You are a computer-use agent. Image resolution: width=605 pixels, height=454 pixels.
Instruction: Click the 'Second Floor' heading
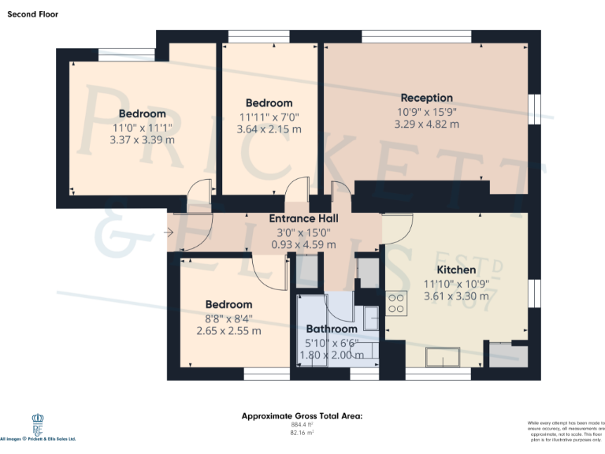pos(32,14)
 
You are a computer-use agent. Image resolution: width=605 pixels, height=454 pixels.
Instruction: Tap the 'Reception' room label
pos(426,98)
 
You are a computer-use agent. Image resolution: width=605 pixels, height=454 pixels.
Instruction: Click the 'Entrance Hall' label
pos(303,218)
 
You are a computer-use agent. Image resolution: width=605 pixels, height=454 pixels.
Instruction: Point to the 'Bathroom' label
pos(332,329)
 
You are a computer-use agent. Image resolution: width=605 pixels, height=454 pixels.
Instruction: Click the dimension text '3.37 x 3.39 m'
pos(143,140)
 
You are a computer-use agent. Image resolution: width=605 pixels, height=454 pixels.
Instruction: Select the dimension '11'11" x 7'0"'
pos(269,117)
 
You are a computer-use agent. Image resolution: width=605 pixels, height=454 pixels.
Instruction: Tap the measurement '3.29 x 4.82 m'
pos(426,124)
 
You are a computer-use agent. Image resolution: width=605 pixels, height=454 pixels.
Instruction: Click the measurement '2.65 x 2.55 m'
pos(228,331)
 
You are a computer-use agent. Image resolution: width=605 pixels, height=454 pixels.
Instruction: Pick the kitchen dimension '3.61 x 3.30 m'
pos(456,296)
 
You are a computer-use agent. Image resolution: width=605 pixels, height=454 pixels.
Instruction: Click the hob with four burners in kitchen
pos(395,303)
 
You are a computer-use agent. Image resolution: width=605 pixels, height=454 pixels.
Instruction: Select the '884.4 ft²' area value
pos(302,425)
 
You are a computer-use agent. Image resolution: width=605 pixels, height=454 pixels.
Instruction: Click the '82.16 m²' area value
pos(302,433)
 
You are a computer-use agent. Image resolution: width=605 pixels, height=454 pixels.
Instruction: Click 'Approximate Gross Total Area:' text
pos(302,415)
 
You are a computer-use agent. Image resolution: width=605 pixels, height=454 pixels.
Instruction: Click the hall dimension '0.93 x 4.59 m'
pos(303,244)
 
